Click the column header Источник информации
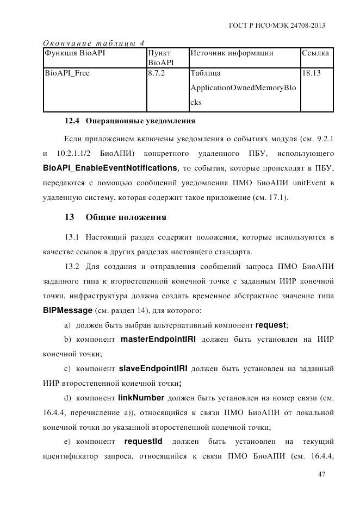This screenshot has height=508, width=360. tap(232, 53)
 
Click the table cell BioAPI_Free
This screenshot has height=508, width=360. tap(67, 73)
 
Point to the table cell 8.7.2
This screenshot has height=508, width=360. tap(157, 73)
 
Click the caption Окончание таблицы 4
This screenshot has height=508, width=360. tap(93, 43)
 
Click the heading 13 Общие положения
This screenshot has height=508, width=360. tap(115, 217)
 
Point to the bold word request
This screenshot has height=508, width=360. tap(270, 325)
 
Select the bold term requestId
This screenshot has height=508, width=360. tap(143, 441)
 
